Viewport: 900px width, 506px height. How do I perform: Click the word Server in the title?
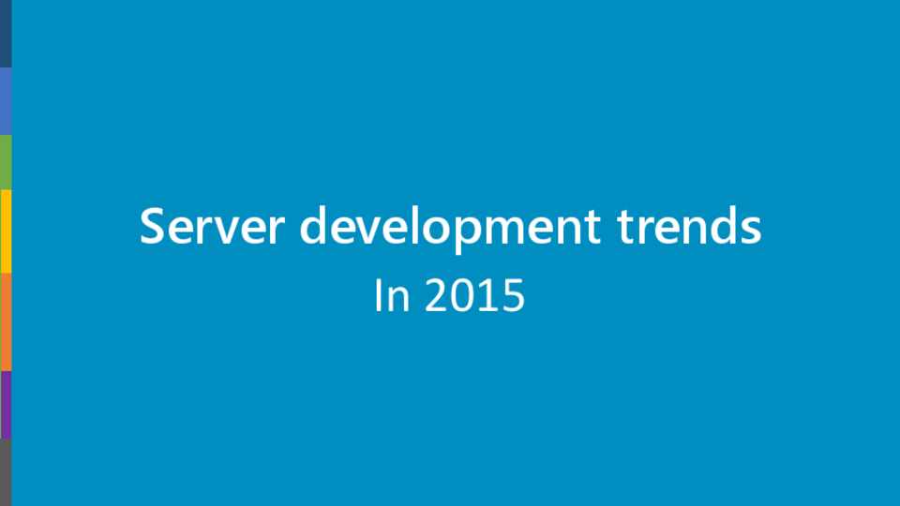click(x=212, y=226)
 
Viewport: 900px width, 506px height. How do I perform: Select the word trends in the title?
click(x=689, y=226)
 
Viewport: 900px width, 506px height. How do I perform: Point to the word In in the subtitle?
click(x=392, y=295)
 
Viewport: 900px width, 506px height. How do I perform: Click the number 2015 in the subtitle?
click(x=474, y=295)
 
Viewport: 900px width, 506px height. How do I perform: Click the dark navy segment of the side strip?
click(x=6, y=34)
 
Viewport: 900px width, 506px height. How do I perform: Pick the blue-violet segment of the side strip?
click(x=6, y=101)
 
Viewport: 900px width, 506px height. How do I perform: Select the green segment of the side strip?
click(x=6, y=162)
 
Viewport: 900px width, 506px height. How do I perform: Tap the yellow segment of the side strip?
click(x=6, y=231)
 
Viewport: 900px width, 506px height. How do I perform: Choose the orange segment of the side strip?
click(x=6, y=322)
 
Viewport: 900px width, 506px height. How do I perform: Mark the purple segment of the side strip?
click(x=6, y=405)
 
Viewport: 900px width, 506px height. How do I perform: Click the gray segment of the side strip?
click(x=6, y=472)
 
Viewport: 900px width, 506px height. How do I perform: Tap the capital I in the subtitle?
click(x=378, y=295)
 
